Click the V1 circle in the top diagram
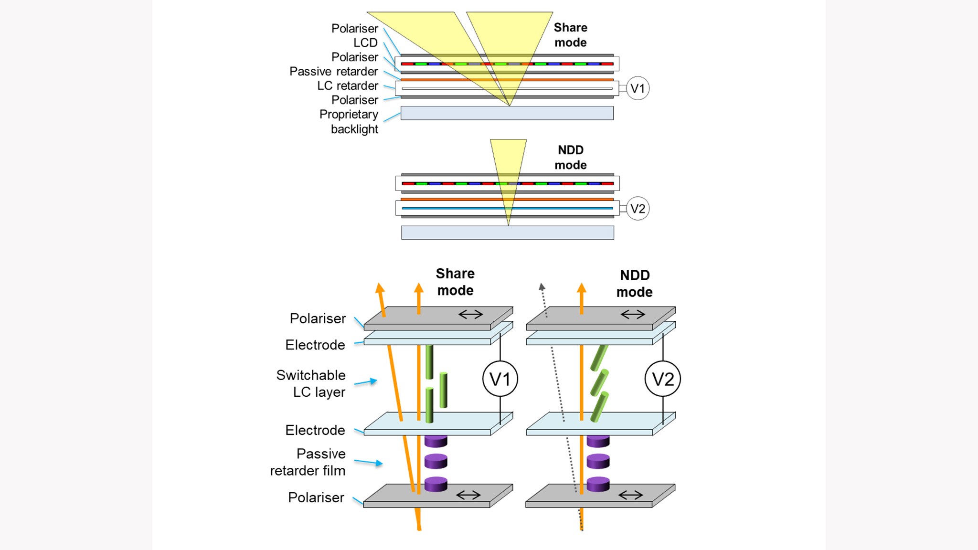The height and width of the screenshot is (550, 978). pyautogui.click(x=638, y=88)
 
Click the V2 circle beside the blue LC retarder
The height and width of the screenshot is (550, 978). pyautogui.click(x=638, y=209)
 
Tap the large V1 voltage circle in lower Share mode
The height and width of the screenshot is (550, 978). pyautogui.click(x=500, y=379)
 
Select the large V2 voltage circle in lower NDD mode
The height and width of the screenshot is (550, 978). pyautogui.click(x=662, y=379)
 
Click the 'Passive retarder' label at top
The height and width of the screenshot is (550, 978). pyautogui.click(x=333, y=72)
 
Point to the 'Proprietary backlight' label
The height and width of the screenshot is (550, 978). pyautogui.click(x=350, y=122)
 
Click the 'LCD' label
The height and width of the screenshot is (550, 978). pyautogui.click(x=365, y=43)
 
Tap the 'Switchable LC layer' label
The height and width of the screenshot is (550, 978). pyautogui.click(x=311, y=383)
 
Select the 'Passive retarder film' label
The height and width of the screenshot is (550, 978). pyautogui.click(x=308, y=462)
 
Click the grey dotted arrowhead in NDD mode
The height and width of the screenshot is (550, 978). pyautogui.click(x=542, y=287)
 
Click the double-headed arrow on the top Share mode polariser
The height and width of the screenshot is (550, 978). pyautogui.click(x=470, y=314)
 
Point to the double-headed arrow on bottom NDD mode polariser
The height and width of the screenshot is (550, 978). pyautogui.click(x=630, y=495)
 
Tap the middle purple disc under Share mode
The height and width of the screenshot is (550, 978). pyautogui.click(x=436, y=461)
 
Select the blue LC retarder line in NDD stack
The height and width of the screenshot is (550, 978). pyautogui.click(x=507, y=208)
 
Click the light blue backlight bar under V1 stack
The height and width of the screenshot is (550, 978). pyautogui.click(x=507, y=113)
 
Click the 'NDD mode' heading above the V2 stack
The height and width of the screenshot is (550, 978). pyautogui.click(x=571, y=158)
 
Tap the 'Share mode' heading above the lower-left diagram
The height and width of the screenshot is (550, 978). pyautogui.click(x=455, y=282)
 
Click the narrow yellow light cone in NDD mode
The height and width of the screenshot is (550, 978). pyautogui.click(x=508, y=162)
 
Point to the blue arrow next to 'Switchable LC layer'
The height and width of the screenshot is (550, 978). pyautogui.click(x=366, y=382)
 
